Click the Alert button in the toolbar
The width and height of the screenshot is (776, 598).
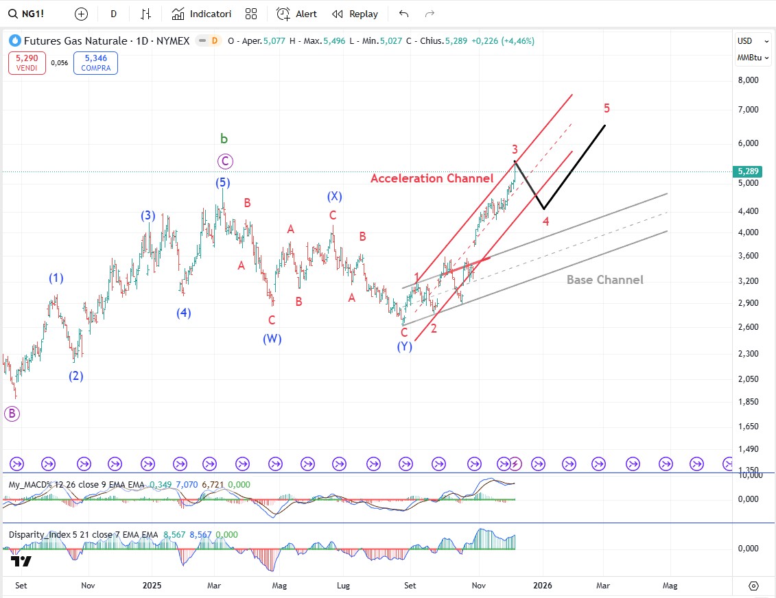pos(296,14)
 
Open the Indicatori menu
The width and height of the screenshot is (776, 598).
pos(202,14)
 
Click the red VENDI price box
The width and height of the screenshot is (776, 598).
pos(27,63)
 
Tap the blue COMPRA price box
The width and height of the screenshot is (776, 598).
pos(95,63)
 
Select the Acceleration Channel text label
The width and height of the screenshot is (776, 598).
pos(432,178)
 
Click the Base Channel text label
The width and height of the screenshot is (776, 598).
pos(604,280)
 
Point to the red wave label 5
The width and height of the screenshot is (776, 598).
pos(607,108)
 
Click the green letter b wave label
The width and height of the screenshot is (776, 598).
pos(224,139)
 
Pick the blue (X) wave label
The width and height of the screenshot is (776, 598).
pos(334,197)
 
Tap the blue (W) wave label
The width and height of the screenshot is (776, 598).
pos(272,338)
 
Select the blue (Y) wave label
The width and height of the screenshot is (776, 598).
pos(404,347)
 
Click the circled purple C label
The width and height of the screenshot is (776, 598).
pos(225,162)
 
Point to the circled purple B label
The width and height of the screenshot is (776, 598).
pos(12,414)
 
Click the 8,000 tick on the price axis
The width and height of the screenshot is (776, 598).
pos(747,80)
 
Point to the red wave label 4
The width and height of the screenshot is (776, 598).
pos(546,222)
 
